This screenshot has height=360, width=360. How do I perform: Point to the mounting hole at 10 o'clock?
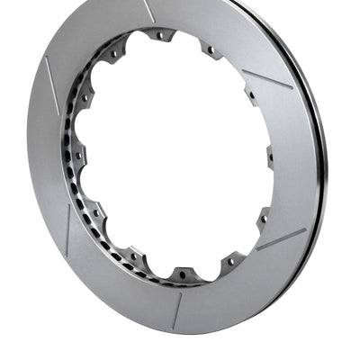coord(85,94)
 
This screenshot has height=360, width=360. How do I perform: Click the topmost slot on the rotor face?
coord(149,11)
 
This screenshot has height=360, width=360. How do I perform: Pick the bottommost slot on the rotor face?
coord(176,310)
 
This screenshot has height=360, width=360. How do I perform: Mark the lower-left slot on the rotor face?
coord(68,230)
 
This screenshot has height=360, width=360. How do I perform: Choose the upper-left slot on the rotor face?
coord(51,85)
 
